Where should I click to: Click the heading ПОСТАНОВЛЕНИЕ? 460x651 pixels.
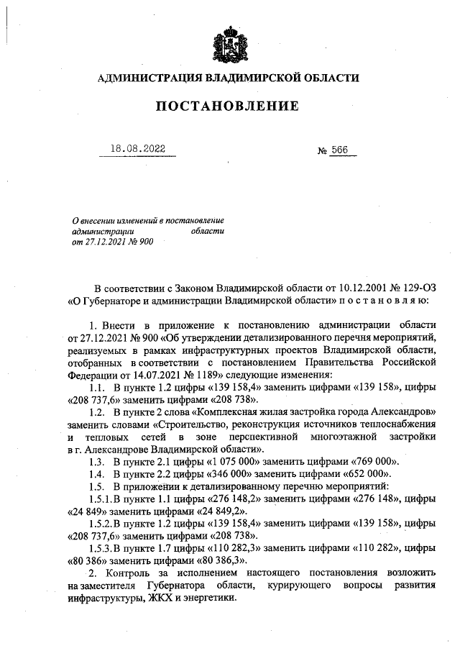pos(229,106)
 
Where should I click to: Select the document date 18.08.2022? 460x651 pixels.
pos(137,148)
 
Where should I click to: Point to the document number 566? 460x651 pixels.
pos(339,150)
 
